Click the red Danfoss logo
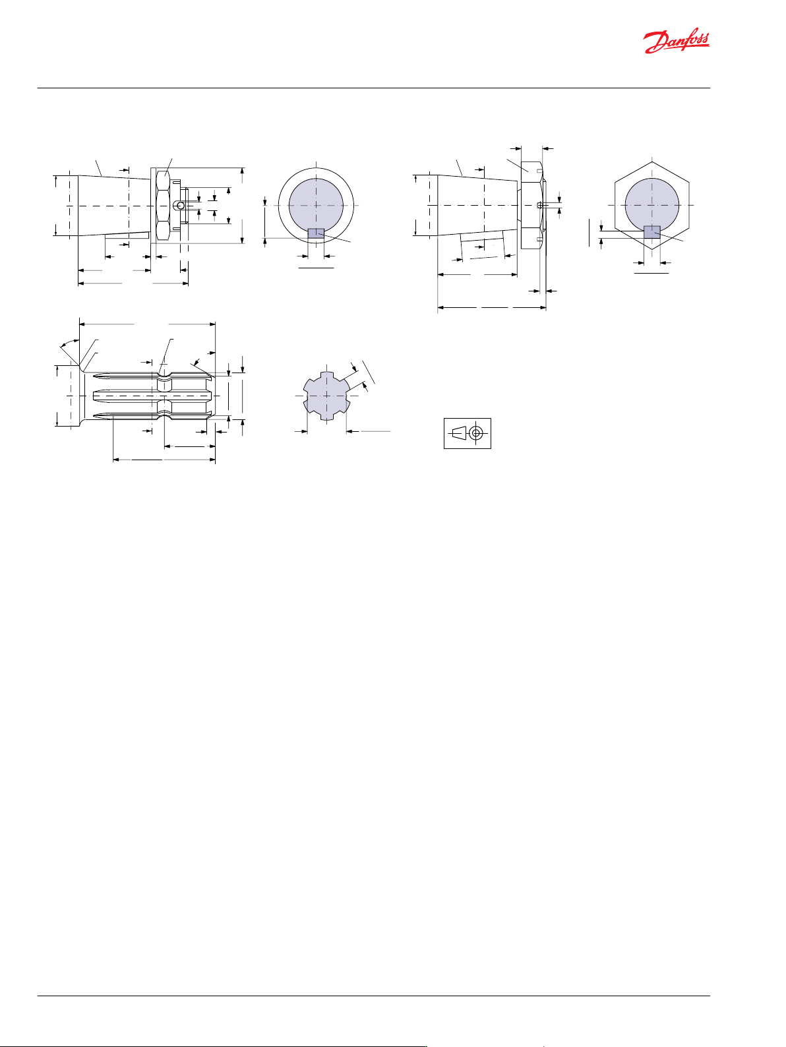[x=676, y=42]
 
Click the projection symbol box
[x=467, y=433]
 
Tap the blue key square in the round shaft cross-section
[x=316, y=233]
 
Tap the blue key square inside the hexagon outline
[x=652, y=232]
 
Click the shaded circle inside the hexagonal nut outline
[x=652, y=204]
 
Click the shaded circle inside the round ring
[x=316, y=205]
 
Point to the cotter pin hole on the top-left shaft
[x=179, y=205]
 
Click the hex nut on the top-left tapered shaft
[x=164, y=206]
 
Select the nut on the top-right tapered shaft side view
[x=531, y=208]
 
